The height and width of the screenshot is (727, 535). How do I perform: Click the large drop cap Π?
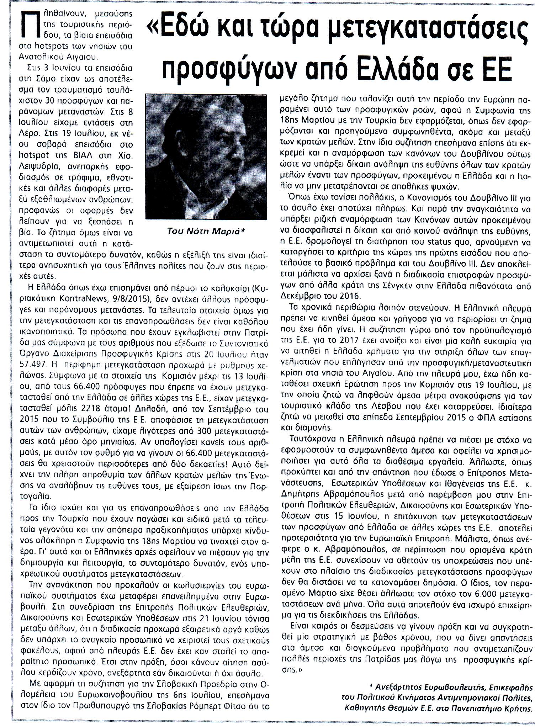[30, 25]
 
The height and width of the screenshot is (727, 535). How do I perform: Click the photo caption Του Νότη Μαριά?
[206, 231]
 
